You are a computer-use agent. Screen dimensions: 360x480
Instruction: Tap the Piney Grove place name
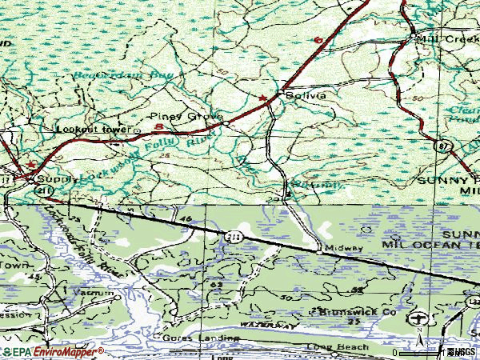click(x=194, y=116)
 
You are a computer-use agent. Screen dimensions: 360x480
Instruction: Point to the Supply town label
click(x=57, y=179)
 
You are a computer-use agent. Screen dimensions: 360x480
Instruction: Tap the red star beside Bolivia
click(x=262, y=98)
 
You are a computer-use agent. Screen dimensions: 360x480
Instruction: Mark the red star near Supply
click(x=31, y=165)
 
